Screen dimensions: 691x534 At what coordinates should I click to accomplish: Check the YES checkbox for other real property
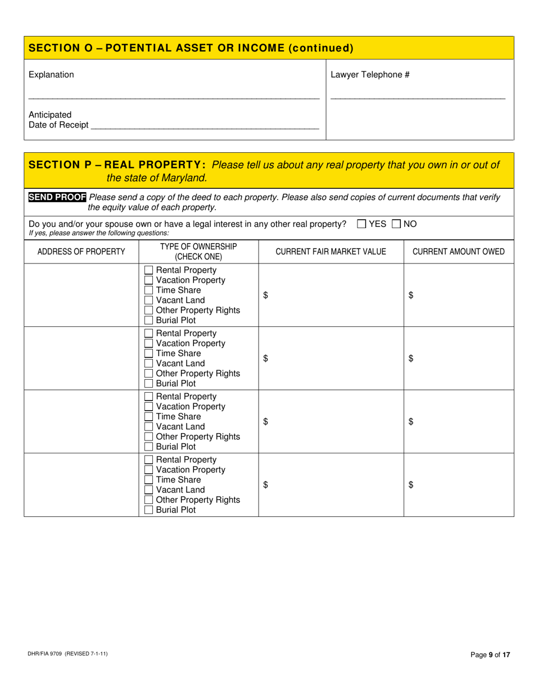coord(361,224)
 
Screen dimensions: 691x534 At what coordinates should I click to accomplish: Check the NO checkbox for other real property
coord(396,224)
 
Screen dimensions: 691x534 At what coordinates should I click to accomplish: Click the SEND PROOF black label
coord(57,197)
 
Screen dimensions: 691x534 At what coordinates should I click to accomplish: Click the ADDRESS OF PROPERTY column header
coord(81,252)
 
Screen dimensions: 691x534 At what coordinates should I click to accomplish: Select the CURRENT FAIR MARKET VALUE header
coord(331,252)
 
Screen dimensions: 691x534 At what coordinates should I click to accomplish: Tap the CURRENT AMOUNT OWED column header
coord(459,252)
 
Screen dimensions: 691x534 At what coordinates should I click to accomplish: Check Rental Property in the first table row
coord(149,270)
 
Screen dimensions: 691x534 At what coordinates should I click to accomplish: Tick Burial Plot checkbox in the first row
coord(149,320)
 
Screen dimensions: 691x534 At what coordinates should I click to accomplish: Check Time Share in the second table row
coord(149,353)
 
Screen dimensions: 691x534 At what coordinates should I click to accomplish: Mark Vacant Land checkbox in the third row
coord(149,427)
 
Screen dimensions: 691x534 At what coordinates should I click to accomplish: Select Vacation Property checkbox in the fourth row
coord(149,470)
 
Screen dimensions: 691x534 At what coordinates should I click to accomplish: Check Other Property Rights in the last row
coord(149,500)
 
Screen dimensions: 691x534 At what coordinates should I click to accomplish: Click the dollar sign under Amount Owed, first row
coord(411,296)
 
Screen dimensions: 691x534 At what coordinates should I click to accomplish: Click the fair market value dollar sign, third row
coord(266,422)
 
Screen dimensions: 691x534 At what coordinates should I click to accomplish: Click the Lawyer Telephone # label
coord(370,75)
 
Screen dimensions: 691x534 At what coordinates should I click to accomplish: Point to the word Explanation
coord(51,75)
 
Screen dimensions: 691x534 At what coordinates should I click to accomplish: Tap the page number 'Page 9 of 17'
coord(490,654)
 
